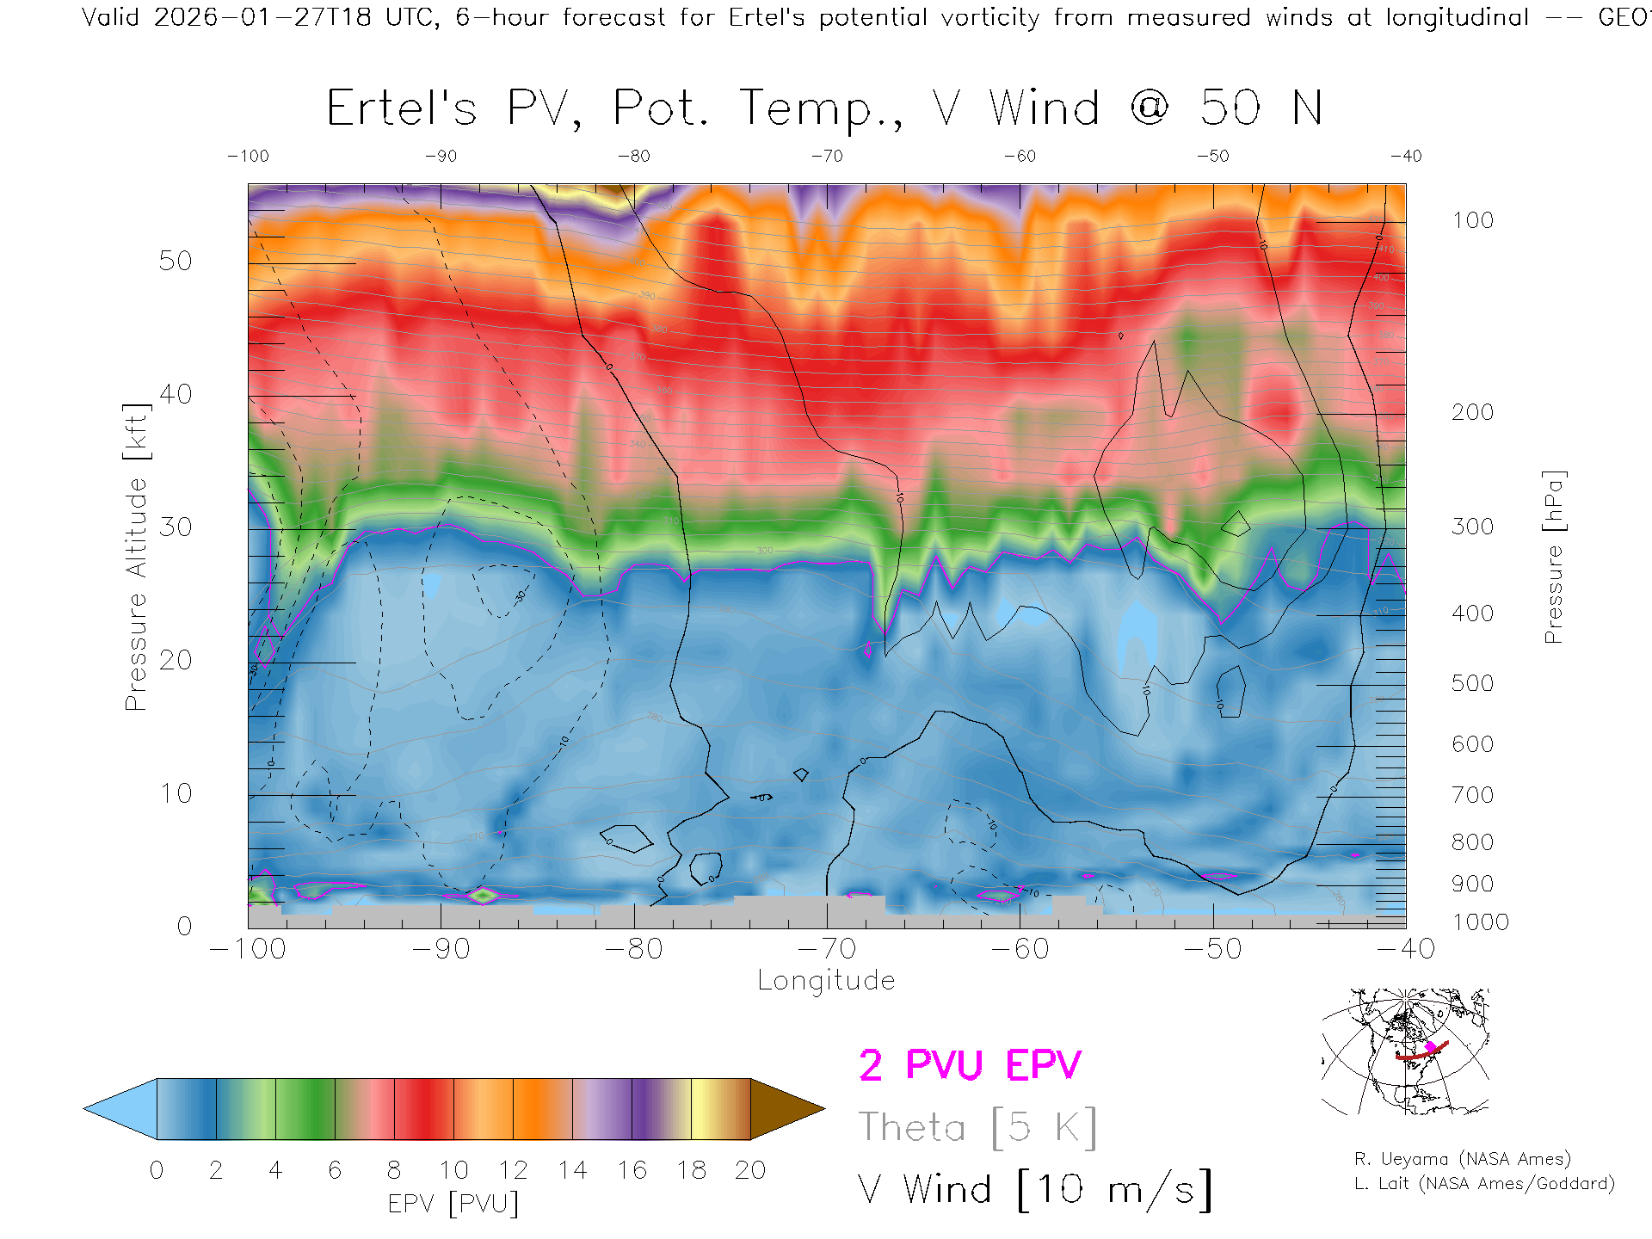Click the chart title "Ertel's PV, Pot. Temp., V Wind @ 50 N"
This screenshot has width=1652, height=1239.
pos(824,108)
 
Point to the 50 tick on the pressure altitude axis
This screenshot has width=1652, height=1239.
pos(176,261)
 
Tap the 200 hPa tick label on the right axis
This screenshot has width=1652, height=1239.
pos(1472,412)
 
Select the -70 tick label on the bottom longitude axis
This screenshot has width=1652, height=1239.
pos(827,949)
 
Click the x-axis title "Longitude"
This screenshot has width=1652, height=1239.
pos(826,980)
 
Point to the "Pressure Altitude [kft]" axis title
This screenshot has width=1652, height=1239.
pos(136,558)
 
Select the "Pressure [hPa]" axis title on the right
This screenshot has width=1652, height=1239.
pos(1553,558)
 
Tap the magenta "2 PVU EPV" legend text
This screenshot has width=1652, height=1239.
pos(970,1065)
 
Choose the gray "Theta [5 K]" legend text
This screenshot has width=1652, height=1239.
pos(977,1127)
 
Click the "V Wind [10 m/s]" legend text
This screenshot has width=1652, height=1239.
pos(1035,1190)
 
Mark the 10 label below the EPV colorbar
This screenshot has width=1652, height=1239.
pos(453,1170)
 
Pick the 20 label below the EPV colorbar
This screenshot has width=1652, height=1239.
pos(750,1170)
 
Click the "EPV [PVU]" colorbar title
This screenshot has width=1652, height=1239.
pos(453,1204)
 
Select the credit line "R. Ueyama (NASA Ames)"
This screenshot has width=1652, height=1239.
pos(1463,1159)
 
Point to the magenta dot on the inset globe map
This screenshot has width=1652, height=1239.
pos(1431,1047)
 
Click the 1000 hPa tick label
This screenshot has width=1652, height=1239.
pos(1480,922)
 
